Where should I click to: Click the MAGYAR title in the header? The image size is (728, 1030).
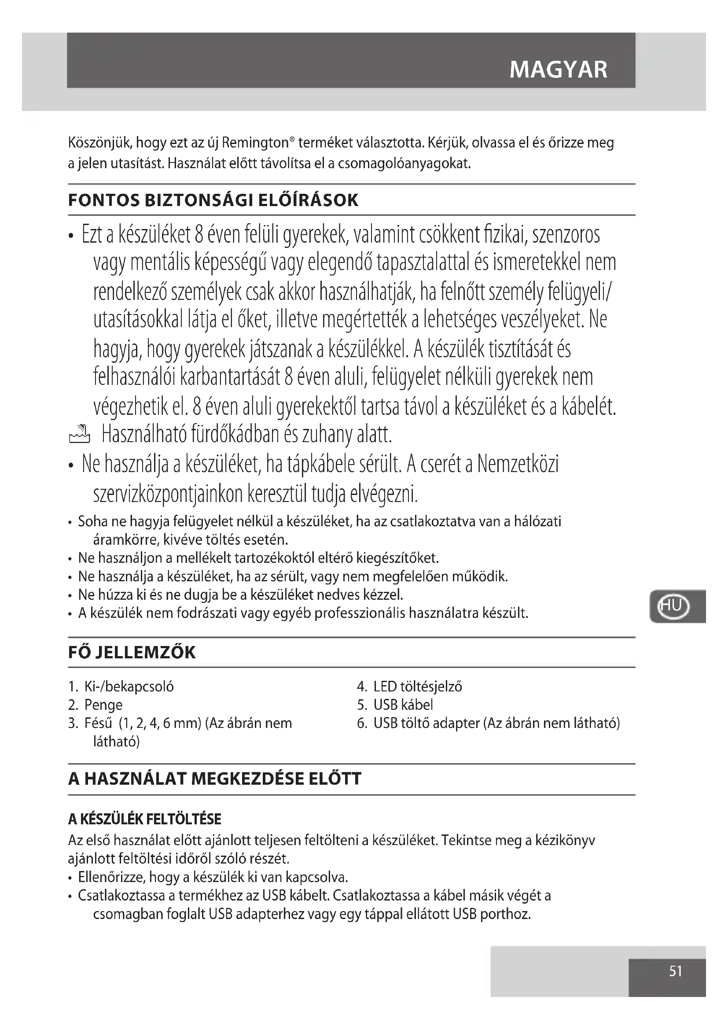[x=558, y=70]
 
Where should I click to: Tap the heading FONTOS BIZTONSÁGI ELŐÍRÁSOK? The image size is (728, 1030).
[x=213, y=200]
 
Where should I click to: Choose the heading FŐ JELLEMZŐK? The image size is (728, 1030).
[x=132, y=652]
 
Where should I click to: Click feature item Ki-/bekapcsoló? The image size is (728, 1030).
[x=129, y=687]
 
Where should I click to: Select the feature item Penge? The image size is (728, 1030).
[x=103, y=705]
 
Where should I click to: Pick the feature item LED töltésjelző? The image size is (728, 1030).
[x=417, y=687]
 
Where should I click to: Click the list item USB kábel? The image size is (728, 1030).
[x=403, y=705]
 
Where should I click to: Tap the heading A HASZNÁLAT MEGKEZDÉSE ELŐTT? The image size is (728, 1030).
[x=214, y=778]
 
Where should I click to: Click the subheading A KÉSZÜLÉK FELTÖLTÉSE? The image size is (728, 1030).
[x=144, y=820]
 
